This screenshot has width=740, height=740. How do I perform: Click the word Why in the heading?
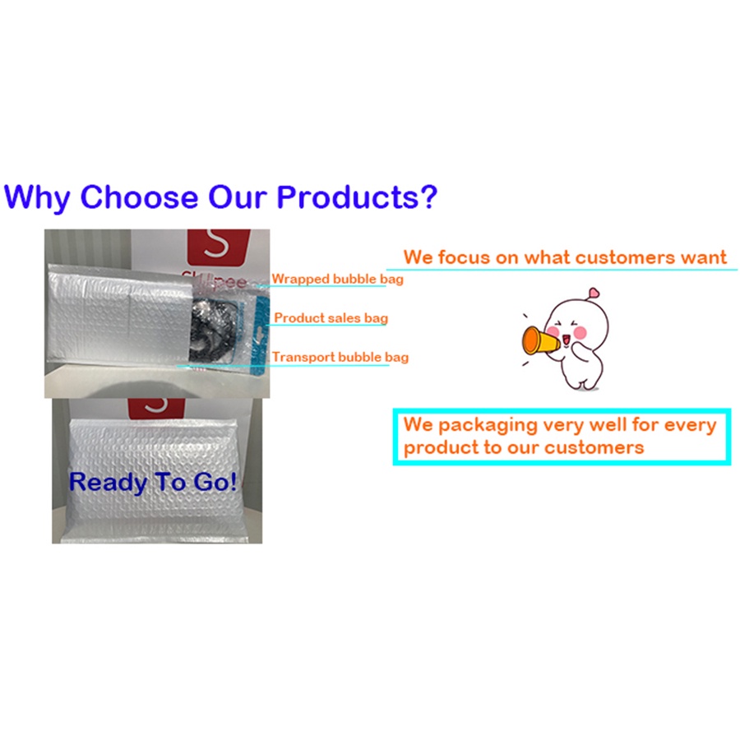pos(37,197)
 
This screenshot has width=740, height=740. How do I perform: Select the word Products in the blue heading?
pos(347,197)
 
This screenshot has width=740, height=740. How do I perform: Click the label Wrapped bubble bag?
pos(337,279)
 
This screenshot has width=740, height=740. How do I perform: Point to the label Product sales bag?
pos(331,317)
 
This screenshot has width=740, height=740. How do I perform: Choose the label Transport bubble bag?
pos(340,357)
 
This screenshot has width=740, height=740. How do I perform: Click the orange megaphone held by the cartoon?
pos(539,340)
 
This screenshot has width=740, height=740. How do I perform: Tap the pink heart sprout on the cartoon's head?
pos(594,293)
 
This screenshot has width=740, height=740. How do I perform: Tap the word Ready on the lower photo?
pos(108,483)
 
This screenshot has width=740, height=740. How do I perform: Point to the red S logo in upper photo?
pos(219,247)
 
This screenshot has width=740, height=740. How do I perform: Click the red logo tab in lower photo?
pos(156,408)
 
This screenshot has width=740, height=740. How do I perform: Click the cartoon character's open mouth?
pos(566,340)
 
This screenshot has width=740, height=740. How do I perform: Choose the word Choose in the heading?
pos(139,197)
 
